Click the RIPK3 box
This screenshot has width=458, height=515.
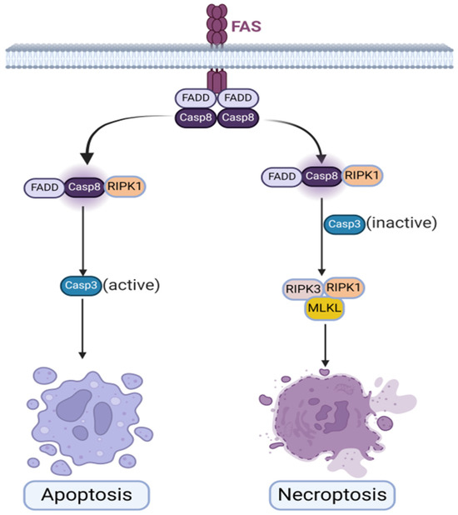[x=304, y=289]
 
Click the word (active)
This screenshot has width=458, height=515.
[x=131, y=285]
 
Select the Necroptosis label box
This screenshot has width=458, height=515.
[x=332, y=495]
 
